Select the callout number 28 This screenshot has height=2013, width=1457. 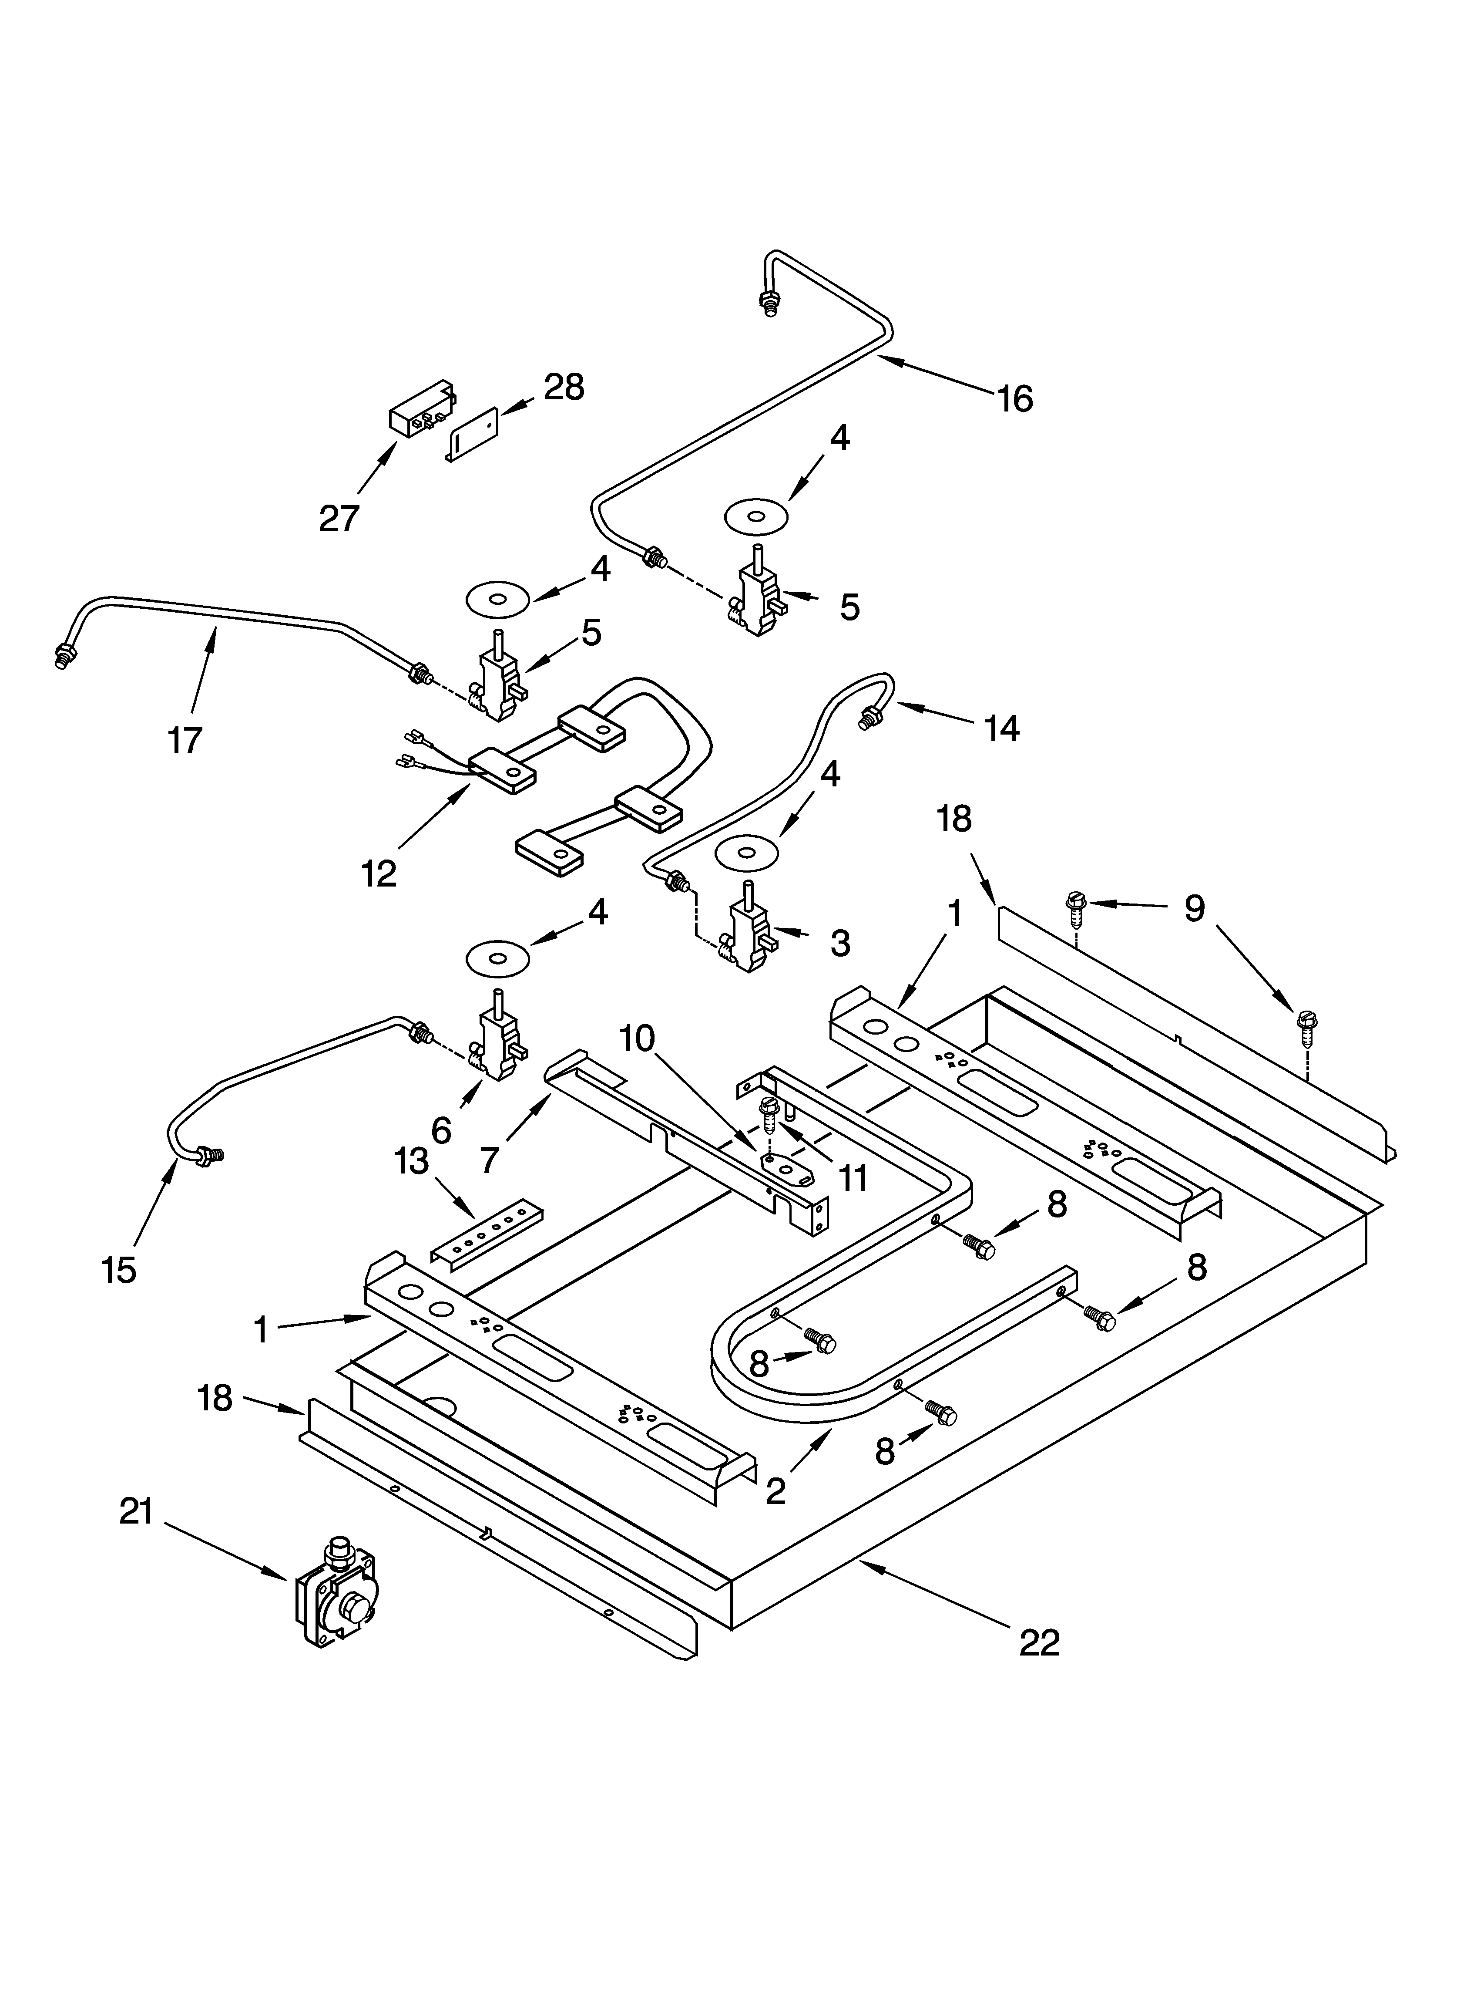pos(564,388)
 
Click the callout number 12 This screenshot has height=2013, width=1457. pos(379,874)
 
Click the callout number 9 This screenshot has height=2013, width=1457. pos(1194,909)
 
